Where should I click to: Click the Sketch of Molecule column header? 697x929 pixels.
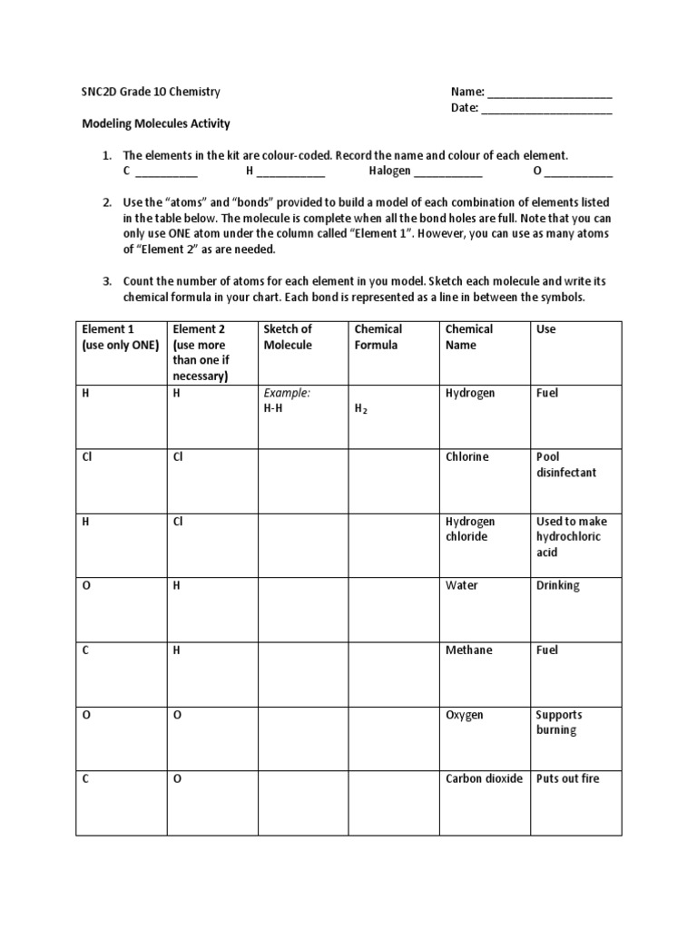(x=288, y=337)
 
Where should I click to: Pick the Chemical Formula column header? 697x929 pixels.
(x=378, y=337)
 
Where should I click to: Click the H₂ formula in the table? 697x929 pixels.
(x=361, y=409)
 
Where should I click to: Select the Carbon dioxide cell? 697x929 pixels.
(x=484, y=778)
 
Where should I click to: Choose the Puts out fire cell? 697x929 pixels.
(x=567, y=778)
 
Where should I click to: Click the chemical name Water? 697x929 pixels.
(x=461, y=585)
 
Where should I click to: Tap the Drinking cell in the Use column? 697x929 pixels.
(x=557, y=585)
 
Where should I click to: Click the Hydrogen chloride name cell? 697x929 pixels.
(x=470, y=529)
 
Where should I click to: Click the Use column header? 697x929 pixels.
(x=546, y=329)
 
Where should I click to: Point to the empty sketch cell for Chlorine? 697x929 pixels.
(x=303, y=481)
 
